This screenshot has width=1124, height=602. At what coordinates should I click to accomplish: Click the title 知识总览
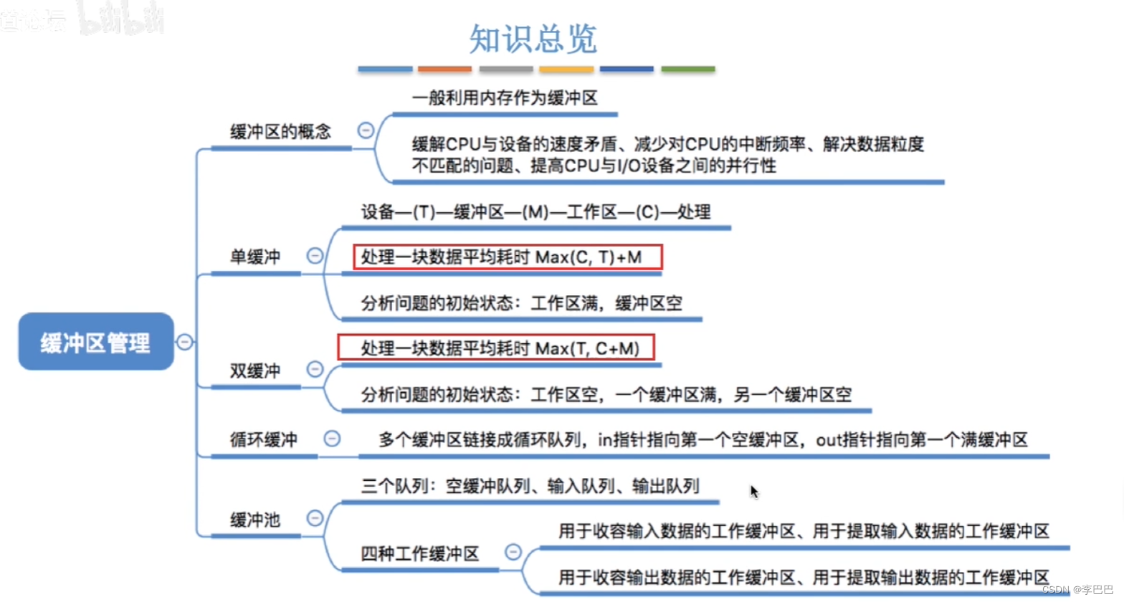click(x=533, y=39)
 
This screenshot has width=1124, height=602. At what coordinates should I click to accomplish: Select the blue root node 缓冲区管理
click(x=96, y=342)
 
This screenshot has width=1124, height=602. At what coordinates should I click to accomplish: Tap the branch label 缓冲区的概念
click(x=280, y=132)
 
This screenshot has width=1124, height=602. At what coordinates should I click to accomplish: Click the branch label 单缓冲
click(x=255, y=257)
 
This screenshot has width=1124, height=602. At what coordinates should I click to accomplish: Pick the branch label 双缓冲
click(x=255, y=371)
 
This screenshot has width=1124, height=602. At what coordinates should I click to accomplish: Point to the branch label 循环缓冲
click(x=264, y=439)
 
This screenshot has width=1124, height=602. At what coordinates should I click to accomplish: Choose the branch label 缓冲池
click(x=255, y=520)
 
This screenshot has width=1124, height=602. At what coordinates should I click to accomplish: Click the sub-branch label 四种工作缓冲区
click(x=420, y=553)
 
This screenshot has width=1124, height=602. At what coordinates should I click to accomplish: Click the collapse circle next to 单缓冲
click(x=315, y=256)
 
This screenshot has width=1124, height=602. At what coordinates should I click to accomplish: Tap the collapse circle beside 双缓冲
click(x=315, y=369)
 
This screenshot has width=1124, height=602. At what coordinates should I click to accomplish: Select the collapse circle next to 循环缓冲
click(x=332, y=439)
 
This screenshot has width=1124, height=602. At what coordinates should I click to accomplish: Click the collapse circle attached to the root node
click(x=185, y=342)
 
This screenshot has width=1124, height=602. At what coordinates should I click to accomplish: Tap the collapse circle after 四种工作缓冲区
click(x=513, y=552)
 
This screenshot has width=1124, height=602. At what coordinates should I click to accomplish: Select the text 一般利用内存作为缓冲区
click(x=505, y=98)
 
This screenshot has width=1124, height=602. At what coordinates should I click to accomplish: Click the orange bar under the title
click(x=444, y=70)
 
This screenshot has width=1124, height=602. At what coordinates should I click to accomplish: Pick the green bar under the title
click(x=687, y=70)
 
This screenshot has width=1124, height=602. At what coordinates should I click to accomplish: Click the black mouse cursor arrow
click(x=753, y=491)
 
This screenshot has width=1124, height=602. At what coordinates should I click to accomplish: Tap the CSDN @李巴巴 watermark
click(x=1077, y=589)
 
